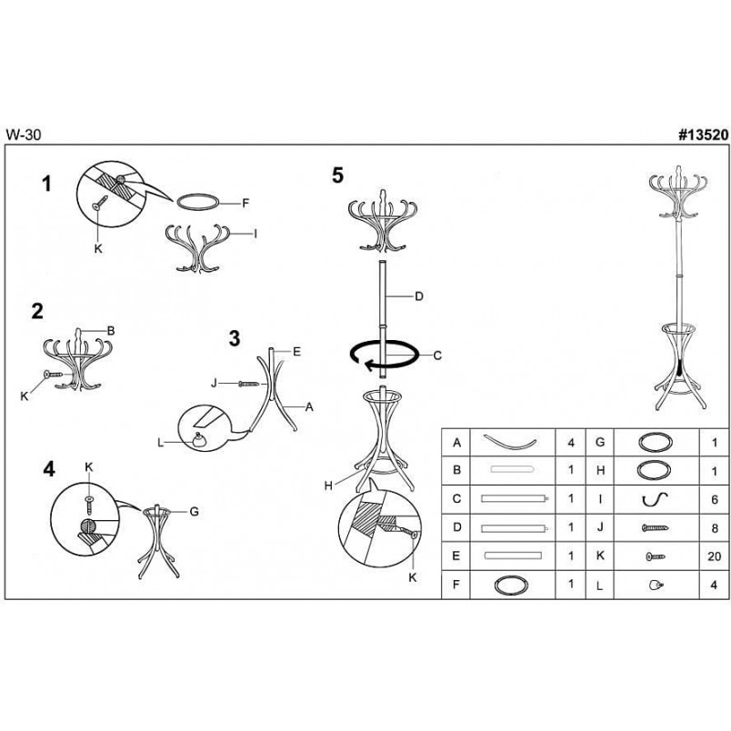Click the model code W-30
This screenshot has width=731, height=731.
pos(24,135)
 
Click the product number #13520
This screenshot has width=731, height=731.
pos(703,135)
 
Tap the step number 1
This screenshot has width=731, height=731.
pos(46,185)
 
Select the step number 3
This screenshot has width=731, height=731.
pos(235,338)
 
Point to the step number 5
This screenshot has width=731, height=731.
pos(337,175)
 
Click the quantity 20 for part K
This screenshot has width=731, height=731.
pos(714,556)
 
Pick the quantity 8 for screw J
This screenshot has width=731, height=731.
pos(715,528)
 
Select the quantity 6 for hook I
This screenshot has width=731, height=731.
pos(715,499)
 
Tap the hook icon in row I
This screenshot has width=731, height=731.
pos(655,500)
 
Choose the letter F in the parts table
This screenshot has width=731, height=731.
pos(456,584)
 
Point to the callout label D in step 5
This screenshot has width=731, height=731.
pos(418,296)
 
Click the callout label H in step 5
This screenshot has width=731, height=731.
pos(328,486)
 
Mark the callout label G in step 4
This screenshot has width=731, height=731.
pos(195,511)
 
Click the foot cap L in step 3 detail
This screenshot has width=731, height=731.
pos(201,440)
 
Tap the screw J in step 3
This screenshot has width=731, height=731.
pos(248,384)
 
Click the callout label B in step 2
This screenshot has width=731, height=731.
pos(111,331)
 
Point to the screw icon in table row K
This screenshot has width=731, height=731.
pos(655,556)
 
